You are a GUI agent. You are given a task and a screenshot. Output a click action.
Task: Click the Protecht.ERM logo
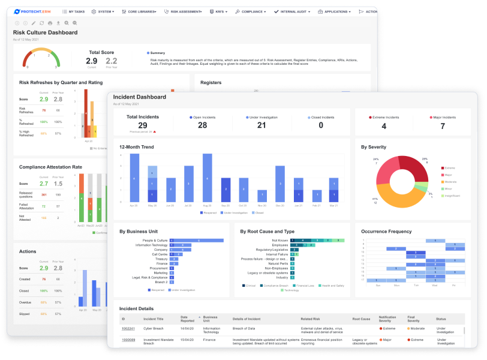tap(34, 11)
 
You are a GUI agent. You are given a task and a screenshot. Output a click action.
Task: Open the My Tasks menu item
tap(73, 11)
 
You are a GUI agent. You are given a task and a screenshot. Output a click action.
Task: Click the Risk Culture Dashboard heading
tap(45, 33)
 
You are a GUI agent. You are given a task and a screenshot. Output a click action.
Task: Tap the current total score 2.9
tap(91, 61)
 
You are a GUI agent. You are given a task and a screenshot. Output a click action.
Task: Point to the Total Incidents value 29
tap(143, 125)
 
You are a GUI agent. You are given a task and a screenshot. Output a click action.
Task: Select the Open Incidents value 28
tap(202, 125)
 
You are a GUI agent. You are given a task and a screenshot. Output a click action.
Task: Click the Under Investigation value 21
tap(261, 125)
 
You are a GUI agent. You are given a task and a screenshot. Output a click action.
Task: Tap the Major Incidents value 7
tap(443, 126)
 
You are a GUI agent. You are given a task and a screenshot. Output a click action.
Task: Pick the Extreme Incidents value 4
tap(383, 126)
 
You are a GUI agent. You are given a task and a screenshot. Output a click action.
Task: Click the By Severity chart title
tap(374, 147)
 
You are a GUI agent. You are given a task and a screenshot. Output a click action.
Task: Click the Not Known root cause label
tap(279, 241)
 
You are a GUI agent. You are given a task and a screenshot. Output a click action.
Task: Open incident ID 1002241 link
tap(128, 328)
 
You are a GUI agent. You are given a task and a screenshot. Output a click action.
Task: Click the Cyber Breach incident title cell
tap(154, 328)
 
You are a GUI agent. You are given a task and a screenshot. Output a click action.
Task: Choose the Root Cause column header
tap(361, 319)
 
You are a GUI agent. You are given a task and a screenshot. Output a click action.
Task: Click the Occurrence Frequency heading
tap(386, 231)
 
